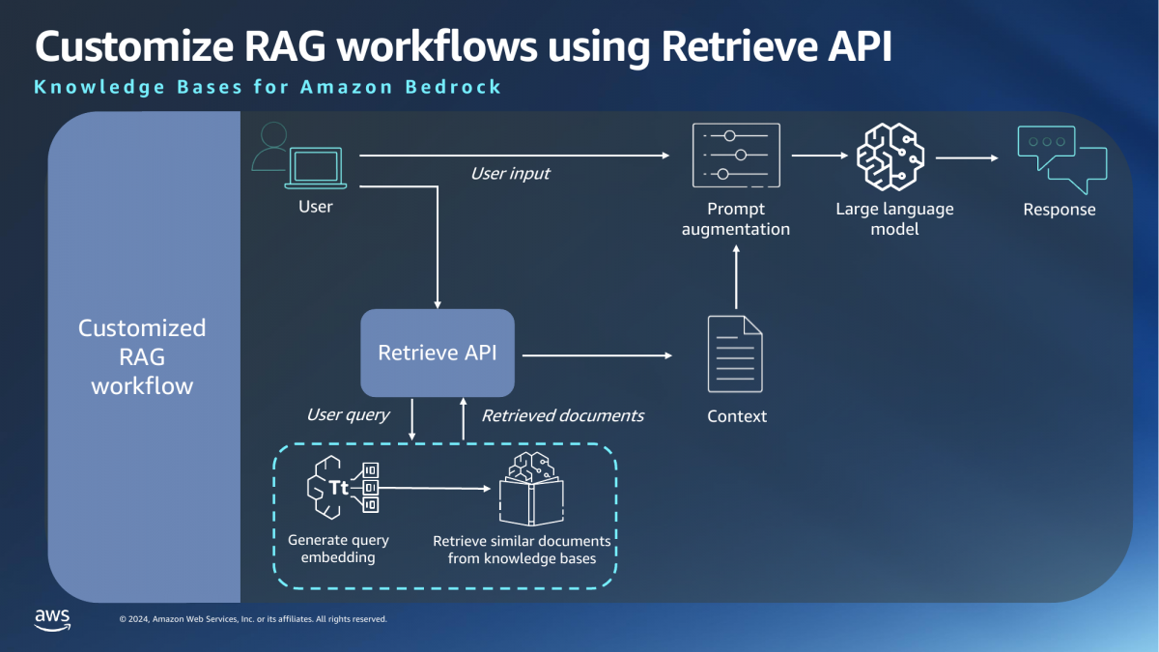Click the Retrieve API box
point(438,353)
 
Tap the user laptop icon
point(317,168)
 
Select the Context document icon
point(736,354)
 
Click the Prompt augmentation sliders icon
point(736,156)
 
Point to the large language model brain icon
point(890,156)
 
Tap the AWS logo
point(52,619)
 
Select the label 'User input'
point(510,174)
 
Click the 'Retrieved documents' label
point(562,415)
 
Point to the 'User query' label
point(348,414)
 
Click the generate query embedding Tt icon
point(341,488)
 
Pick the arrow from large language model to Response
point(967,156)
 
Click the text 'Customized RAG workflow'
point(142,356)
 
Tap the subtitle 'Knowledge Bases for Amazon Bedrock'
point(268,87)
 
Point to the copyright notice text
point(252,619)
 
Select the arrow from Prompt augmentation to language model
point(816,156)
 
